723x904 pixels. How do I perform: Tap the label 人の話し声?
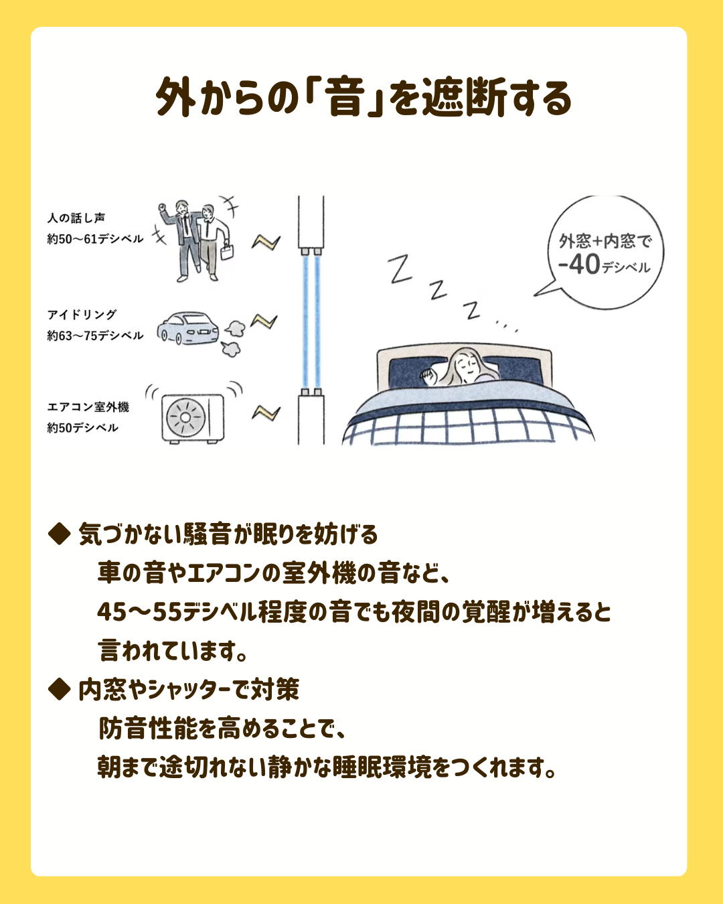pos(76,218)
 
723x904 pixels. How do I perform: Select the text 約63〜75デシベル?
pos(95,335)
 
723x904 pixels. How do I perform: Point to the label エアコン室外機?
pos(88,406)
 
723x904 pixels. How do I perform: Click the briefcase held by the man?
pos(227,251)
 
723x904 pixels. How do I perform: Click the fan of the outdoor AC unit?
pos(185,417)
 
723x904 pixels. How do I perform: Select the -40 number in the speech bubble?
pos(579,265)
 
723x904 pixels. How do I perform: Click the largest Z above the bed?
pos(399,269)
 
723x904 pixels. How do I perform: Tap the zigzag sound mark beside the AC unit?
pos(266,412)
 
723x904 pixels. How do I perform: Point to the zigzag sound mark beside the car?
pos(264,321)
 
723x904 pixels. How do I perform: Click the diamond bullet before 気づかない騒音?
pos(59,534)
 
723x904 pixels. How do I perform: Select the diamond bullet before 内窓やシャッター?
pos(59,689)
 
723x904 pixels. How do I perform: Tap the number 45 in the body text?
pos(112,611)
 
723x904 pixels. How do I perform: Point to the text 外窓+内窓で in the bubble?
pos(605,241)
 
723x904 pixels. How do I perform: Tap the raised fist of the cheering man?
pos(162,207)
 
